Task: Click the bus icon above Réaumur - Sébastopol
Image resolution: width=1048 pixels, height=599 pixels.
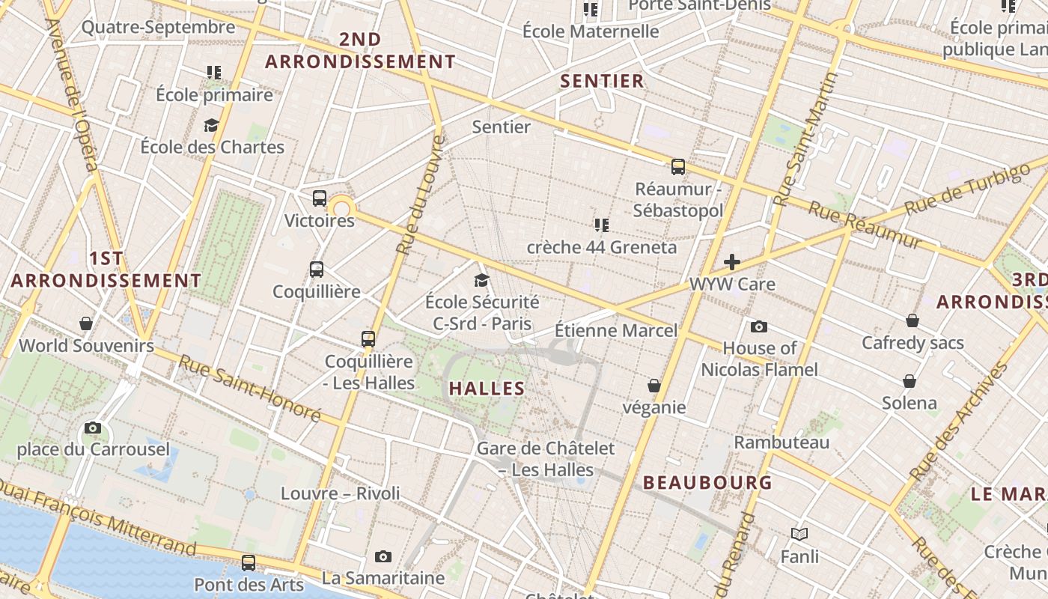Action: tap(678, 167)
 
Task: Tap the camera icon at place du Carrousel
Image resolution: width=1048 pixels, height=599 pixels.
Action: tap(93, 428)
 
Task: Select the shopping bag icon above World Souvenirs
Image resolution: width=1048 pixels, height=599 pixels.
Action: tap(86, 323)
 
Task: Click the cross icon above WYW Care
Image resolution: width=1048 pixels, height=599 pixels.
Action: tap(732, 262)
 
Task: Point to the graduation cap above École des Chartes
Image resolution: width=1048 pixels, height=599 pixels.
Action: tap(212, 125)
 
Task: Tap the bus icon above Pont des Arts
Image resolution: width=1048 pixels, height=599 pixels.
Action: tap(249, 562)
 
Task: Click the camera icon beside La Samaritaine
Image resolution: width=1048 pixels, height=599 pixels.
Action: tap(383, 556)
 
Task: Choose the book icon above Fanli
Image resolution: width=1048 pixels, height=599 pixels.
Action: tap(799, 534)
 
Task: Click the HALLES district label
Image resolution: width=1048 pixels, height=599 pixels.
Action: tap(487, 389)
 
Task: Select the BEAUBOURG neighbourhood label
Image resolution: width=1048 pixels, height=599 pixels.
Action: tap(707, 483)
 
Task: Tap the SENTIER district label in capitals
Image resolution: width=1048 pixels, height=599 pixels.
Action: tap(603, 82)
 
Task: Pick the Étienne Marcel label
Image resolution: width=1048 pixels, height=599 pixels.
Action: tap(616, 330)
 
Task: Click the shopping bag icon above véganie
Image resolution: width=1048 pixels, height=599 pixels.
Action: tap(654, 386)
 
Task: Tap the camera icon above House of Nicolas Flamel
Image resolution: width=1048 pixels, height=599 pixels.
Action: tap(759, 326)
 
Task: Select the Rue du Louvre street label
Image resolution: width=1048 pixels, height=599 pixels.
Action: tap(420, 195)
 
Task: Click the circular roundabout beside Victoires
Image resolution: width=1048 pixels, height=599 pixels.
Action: tap(342, 207)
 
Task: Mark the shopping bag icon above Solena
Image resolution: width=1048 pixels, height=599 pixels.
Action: tap(910, 382)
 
